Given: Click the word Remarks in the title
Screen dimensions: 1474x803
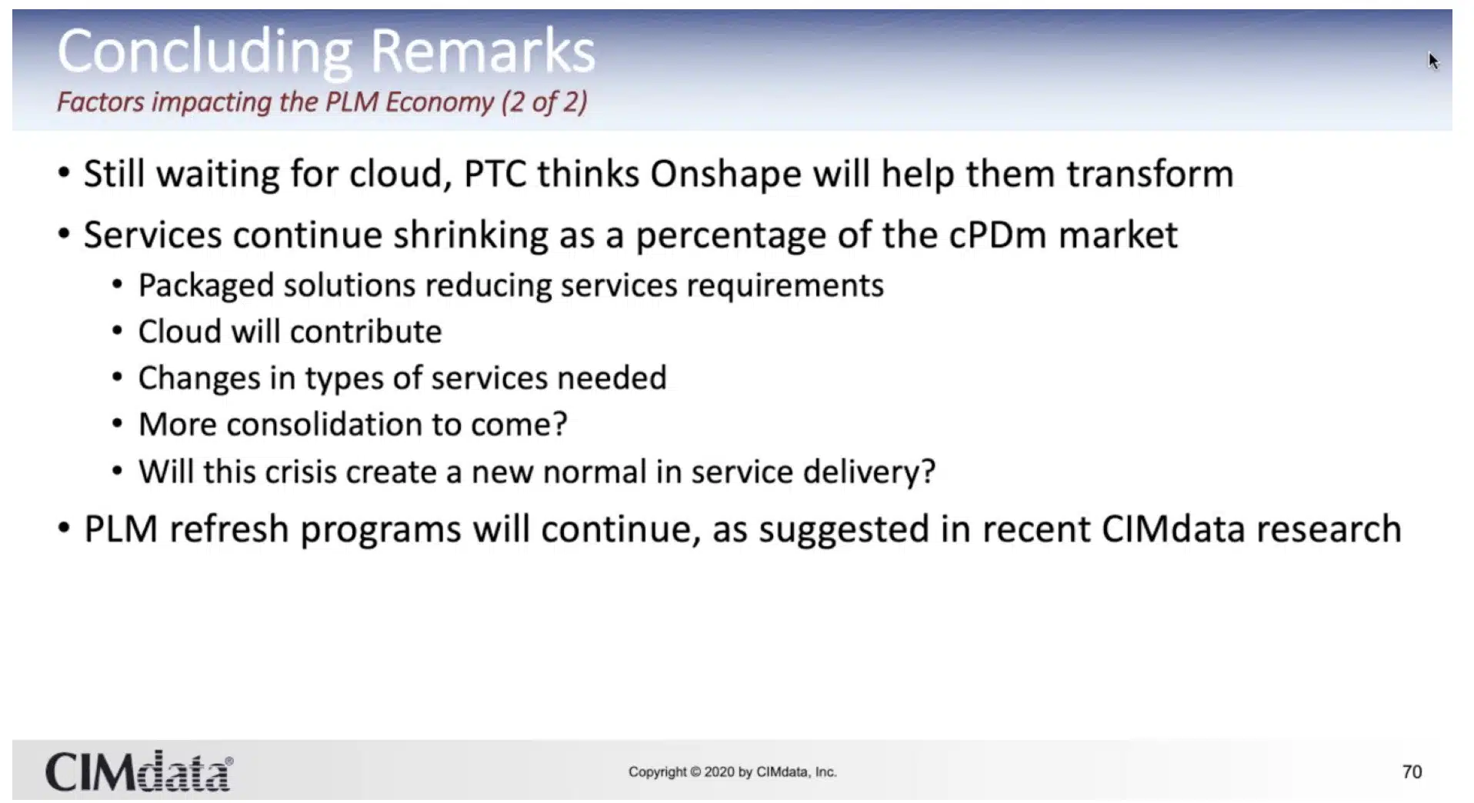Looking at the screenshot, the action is click(482, 51).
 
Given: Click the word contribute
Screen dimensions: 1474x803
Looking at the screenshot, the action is click(365, 332).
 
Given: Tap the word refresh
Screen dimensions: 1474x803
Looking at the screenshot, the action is click(228, 529).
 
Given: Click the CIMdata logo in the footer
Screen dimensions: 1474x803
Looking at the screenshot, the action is click(138, 771).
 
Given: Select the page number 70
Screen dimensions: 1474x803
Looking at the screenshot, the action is click(1412, 772).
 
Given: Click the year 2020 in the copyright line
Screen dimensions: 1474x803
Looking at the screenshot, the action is click(719, 772).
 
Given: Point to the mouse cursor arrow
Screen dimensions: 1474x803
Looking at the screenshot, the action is click(1432, 61).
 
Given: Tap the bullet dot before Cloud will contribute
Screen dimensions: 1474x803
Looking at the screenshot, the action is click(117, 332).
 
